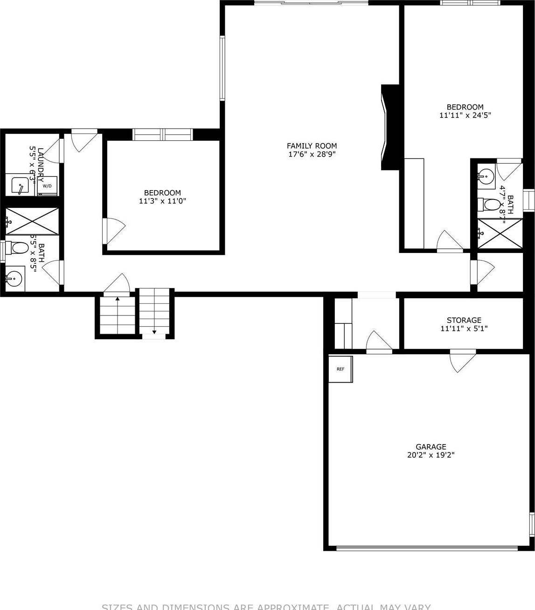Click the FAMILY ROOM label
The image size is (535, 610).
point(312,146)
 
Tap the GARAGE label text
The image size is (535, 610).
point(431,446)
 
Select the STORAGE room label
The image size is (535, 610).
point(464,320)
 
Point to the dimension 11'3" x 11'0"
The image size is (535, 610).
point(162,201)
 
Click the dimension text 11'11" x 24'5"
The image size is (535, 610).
point(465,115)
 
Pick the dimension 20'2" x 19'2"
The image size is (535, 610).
point(431,455)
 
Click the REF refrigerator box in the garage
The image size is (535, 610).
point(340,369)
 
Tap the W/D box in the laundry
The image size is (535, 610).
point(48,186)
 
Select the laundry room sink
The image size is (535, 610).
point(20,185)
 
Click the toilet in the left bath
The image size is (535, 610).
point(19,247)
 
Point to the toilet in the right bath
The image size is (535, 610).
point(489,204)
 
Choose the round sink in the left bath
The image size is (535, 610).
point(14,279)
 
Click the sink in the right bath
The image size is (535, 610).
point(486,176)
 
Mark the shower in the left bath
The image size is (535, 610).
point(32,221)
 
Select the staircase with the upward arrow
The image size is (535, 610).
point(117,316)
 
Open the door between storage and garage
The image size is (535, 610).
point(462,360)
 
